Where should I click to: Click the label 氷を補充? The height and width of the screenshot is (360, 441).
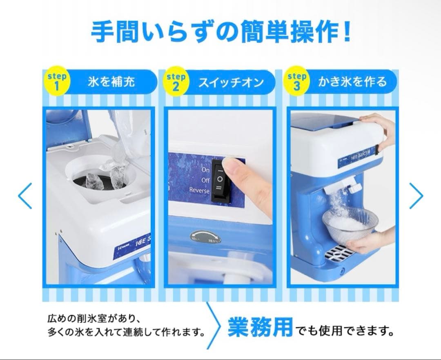click(x=111, y=82)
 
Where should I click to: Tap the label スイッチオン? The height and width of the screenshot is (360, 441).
click(x=231, y=82)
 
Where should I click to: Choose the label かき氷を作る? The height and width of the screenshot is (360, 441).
click(x=352, y=82)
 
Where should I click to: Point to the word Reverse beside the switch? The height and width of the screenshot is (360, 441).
click(x=199, y=190)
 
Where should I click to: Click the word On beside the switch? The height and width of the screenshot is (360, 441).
click(x=205, y=169)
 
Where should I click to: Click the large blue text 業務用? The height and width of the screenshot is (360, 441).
click(x=260, y=327)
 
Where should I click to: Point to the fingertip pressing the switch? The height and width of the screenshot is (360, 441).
click(x=232, y=168)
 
